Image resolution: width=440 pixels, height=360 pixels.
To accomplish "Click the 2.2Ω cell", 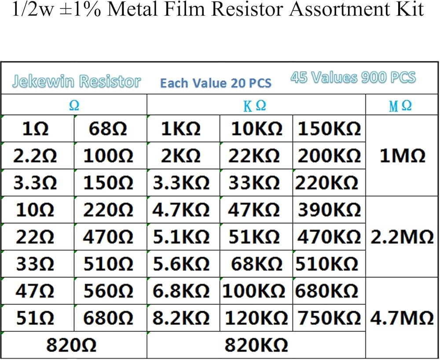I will coord(35,156).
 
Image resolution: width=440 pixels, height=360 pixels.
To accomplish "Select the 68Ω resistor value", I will coord(108,129).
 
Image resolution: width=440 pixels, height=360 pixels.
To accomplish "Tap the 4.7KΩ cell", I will coord(181,210).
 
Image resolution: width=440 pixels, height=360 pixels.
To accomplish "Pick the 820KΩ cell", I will coord(256,345).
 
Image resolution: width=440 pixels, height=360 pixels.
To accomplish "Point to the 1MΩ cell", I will coord(402,156).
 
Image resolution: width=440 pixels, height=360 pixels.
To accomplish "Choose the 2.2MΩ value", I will coord(402,237).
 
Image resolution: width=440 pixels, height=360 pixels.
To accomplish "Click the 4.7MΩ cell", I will coord(402,318).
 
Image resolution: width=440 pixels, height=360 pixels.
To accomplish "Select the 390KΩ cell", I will coord(330,210).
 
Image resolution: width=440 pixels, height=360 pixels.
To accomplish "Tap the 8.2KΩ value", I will coord(181,318).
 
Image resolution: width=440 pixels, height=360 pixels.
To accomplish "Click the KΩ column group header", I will coord(255,106).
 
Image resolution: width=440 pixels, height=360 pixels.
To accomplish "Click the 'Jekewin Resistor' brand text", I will coord(77,81).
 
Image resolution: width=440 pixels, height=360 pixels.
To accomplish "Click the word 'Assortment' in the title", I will coord(336,10).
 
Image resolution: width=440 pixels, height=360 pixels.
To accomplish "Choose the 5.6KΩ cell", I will coord(181,264).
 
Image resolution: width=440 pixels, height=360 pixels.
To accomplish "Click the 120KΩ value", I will coord(256,318).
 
